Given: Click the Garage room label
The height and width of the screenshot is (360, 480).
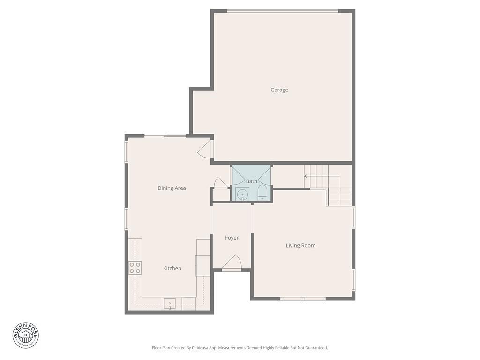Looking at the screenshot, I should [x=279, y=90].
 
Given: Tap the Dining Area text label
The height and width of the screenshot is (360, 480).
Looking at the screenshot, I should [x=172, y=188].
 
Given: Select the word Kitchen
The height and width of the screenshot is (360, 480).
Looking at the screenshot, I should [x=172, y=269].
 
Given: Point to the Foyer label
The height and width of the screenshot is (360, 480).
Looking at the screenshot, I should [x=232, y=238].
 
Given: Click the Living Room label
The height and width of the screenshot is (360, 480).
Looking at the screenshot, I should [x=300, y=246].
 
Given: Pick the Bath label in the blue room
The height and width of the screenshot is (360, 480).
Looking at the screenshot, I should [x=251, y=181].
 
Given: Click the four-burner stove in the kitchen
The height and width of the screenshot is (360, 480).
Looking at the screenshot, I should [x=135, y=268].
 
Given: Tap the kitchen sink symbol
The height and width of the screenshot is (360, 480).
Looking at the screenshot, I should [x=169, y=304].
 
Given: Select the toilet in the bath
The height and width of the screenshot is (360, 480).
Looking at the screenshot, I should [x=262, y=193].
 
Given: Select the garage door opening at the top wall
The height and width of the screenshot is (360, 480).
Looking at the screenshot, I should [x=283, y=11].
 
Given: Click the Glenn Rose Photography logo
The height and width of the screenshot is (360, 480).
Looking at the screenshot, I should [x=26, y=335].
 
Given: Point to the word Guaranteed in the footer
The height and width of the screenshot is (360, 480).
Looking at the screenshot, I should [x=315, y=348].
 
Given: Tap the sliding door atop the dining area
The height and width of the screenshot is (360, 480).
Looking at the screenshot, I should [x=165, y=136].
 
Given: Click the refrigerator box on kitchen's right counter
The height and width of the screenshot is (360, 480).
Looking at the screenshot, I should [x=202, y=265].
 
